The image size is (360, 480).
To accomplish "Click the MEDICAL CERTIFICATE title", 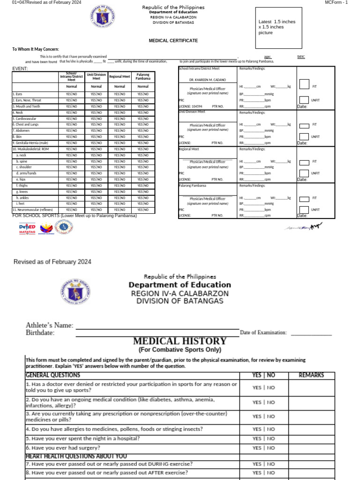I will (x=173, y=41).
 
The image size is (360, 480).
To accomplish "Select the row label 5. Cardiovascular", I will (x=24, y=119).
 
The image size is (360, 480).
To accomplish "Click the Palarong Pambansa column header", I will (x=143, y=76).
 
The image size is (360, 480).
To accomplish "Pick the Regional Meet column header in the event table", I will (x=120, y=76).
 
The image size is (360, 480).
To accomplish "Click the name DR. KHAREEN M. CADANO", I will (x=207, y=80).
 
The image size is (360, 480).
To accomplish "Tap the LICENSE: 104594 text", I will (x=191, y=106).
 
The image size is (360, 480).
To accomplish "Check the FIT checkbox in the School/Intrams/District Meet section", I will (x=304, y=84).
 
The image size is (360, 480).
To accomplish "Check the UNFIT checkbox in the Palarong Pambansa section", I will (x=304, y=210).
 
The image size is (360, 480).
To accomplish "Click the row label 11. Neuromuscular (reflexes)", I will (x=33, y=210).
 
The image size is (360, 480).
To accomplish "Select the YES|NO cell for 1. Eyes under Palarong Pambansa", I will (x=143, y=94).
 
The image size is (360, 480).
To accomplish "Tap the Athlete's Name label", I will (x=49, y=325).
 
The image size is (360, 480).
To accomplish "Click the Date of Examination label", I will (x=263, y=332).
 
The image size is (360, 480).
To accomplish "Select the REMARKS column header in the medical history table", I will (x=312, y=375).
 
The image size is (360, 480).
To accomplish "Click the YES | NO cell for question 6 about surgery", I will (x=263, y=448).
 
